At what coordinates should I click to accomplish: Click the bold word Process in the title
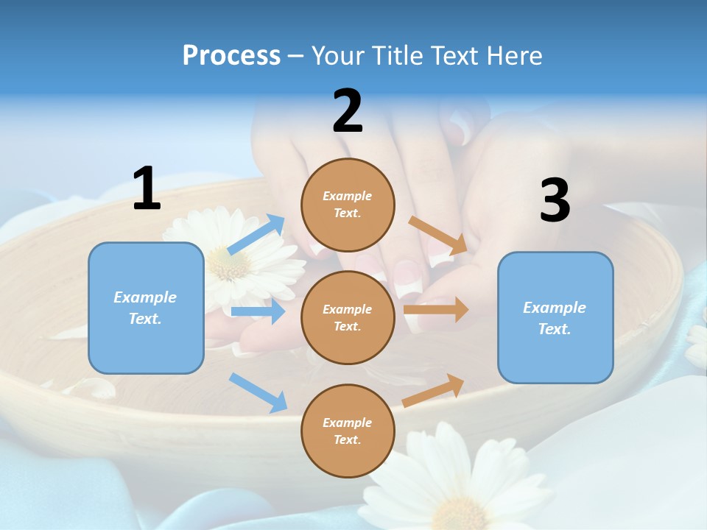click(231, 55)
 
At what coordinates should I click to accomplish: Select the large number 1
click(147, 188)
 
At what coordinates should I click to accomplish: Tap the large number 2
click(348, 111)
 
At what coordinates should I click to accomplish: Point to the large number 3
click(555, 200)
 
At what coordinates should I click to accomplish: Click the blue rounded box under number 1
click(146, 308)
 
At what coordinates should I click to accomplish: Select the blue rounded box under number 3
click(555, 317)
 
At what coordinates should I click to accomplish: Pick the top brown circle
click(348, 205)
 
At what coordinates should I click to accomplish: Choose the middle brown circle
click(348, 317)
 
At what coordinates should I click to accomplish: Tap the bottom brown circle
click(348, 431)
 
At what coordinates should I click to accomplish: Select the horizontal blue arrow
click(258, 311)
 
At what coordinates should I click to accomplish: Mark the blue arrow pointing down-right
click(258, 392)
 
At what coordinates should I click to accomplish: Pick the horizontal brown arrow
click(436, 309)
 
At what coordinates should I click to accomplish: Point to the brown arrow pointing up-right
click(434, 391)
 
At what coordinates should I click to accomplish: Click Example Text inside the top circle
click(348, 205)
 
